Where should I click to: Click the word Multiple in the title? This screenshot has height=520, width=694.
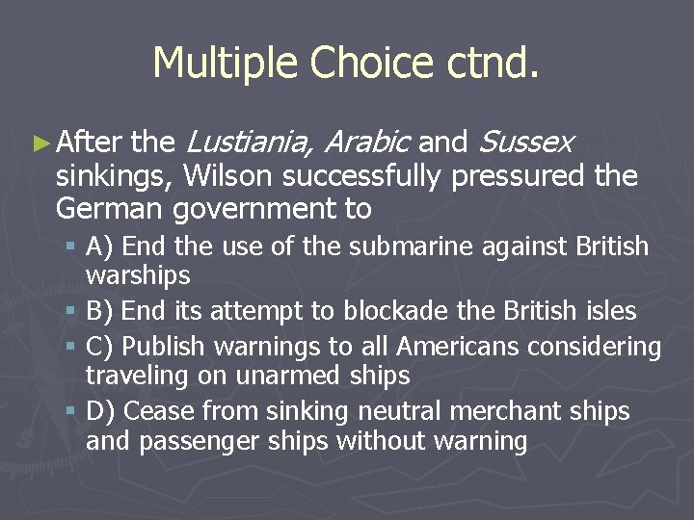pos(225,64)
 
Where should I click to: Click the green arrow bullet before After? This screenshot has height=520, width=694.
pos(41,144)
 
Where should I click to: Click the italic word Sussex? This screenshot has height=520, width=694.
pos(525,143)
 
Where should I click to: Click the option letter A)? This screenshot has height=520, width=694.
pos(101,247)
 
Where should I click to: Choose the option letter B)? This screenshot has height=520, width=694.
pos(101,311)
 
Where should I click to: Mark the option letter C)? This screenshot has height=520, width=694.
pos(101,347)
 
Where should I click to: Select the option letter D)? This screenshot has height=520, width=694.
pos(101,412)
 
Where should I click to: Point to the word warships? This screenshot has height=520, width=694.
pos(138,276)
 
